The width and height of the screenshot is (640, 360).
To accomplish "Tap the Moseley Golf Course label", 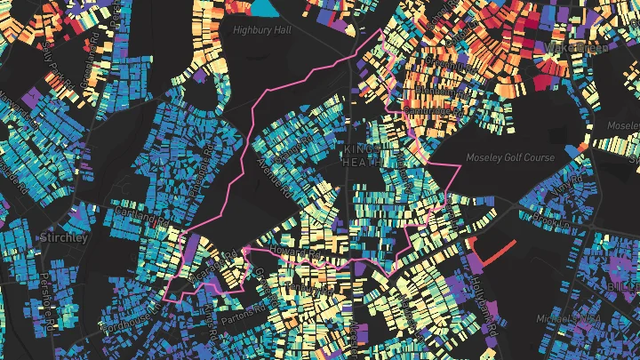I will tap(510, 157).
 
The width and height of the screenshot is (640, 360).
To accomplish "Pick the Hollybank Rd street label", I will tap(484, 298).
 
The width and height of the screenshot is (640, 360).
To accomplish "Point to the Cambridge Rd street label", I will tap(430, 106).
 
